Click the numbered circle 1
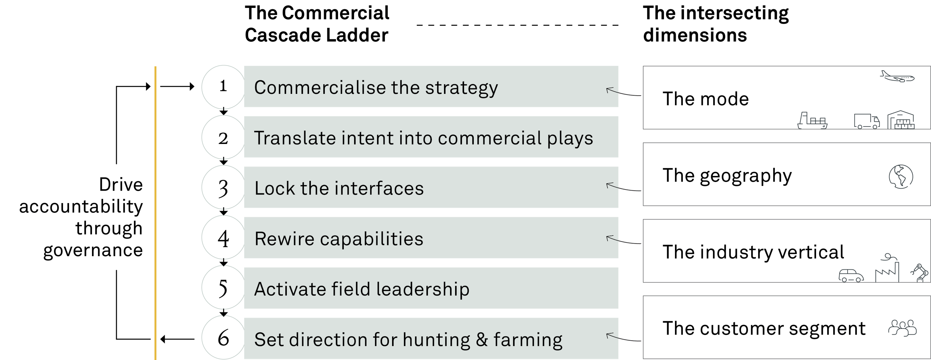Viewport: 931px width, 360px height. [223, 87]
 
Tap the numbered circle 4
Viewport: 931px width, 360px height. [223, 237]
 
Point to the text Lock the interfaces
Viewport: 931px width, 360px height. [339, 188]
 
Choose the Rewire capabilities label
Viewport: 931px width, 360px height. [339, 239]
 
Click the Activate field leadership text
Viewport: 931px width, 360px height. [362, 289]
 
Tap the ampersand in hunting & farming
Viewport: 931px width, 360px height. [482, 340]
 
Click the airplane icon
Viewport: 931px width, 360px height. [897, 77]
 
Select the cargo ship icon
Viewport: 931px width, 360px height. [812, 120]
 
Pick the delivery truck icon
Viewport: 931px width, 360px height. [867, 121]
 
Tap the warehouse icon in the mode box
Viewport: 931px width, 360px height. [901, 120]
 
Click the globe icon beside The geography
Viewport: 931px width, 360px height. [901, 176]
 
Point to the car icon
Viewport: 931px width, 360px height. [851, 275]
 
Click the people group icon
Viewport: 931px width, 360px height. [902, 328]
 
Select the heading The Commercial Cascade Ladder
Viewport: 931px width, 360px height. [317, 24]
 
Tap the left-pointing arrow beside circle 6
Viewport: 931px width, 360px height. [177, 339]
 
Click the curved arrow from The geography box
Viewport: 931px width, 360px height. [623, 187]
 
